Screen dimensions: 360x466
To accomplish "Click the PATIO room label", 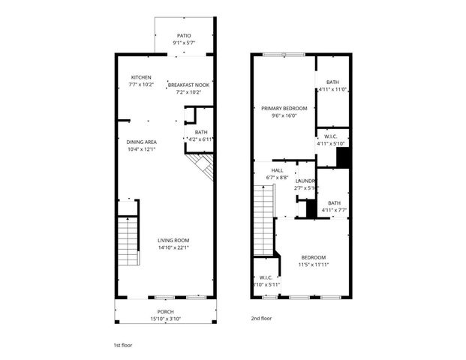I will tap(184, 35).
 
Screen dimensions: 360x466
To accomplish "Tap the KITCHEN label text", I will tap(142, 77).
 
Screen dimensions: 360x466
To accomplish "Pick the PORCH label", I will tap(165, 312).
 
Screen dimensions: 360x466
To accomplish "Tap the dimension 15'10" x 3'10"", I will tap(165, 319).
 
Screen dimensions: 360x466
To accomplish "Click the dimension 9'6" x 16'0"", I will tap(284, 115).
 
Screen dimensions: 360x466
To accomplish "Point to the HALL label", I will tap(278, 169).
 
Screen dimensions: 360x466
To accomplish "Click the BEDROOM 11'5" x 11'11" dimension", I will tap(314, 264).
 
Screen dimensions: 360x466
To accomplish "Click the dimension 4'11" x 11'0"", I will tap(332, 90).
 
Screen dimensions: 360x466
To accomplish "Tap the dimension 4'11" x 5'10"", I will tap(331, 144).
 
